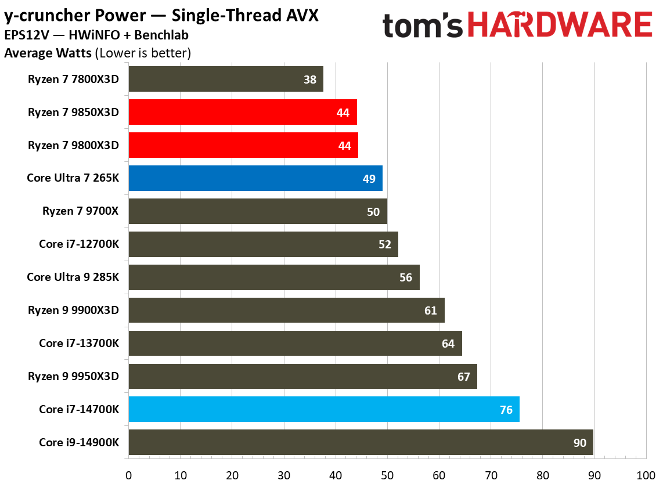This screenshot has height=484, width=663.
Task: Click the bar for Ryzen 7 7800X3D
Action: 225,79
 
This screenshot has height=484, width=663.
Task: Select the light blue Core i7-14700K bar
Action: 323,409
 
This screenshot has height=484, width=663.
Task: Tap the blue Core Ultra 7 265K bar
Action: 255,178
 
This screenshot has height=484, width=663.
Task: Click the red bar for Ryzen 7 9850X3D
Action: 242,112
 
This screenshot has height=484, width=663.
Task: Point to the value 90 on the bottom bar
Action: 579,443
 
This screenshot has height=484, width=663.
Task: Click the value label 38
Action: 310,80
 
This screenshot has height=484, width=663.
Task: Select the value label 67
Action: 463,377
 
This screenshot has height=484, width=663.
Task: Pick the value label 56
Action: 406,277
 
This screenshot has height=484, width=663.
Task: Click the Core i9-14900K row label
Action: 79,442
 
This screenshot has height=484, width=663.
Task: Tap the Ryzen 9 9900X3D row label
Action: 73,310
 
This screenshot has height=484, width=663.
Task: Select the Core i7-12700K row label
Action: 79,244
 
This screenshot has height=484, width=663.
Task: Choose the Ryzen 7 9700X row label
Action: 80,211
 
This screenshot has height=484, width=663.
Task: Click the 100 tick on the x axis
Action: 645,475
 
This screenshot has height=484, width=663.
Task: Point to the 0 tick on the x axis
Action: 128,475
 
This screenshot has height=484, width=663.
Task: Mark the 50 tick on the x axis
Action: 387,475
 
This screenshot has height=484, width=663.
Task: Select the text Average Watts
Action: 48,53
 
